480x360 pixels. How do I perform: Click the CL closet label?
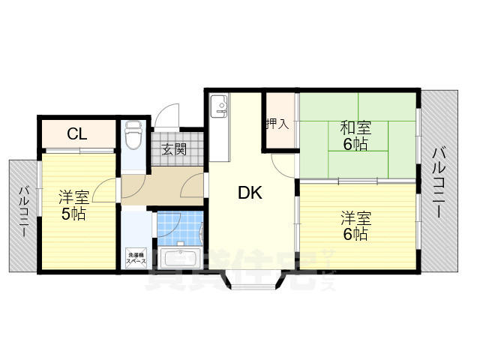tap(76, 135)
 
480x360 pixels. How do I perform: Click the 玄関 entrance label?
tap(175, 149)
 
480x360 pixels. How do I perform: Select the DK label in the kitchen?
tap(249, 193)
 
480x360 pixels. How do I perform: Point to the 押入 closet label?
tap(277, 122)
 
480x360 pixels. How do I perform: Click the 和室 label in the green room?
tap(355, 127)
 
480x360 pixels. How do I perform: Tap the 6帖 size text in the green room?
tap(355, 143)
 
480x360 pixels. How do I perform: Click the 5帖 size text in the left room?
tap(73, 214)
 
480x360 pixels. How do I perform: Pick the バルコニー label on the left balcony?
tap(24, 211)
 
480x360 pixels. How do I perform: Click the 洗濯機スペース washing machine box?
tap(136, 256)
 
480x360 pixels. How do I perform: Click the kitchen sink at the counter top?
tap(219, 107)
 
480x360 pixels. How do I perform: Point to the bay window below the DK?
tap(252, 280)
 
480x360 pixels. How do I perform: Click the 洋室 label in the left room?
tap(73, 198)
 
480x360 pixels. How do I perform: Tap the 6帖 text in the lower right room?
tap(355, 234)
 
